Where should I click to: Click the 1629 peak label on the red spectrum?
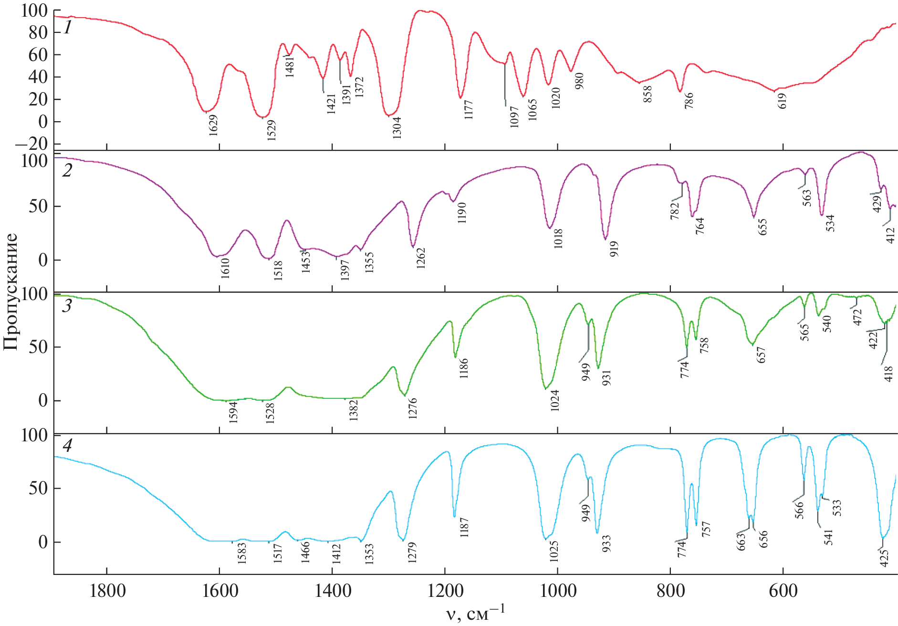tap(213, 125)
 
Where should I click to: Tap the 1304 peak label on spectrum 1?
tap(397, 127)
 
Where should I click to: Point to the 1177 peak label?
tap(469, 110)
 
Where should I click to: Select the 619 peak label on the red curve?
tap(782, 101)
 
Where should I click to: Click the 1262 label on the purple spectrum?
tap(420, 258)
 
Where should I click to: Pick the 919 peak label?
tap(614, 249)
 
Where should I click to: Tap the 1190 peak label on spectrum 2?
tap(461, 213)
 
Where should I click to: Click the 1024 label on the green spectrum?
tap(554, 400)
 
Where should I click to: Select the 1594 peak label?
tap(233, 412)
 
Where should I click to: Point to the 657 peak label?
tap(761, 355)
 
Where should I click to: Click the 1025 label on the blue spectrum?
tap(554, 551)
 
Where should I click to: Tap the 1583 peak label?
tap(242, 553)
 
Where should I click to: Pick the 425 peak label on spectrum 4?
tap(884, 558)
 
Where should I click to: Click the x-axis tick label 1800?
tap(108, 591)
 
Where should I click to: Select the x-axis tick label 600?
tap(783, 591)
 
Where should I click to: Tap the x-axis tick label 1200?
tap(445, 591)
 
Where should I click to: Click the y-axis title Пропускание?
tap(10, 292)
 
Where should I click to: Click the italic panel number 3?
tap(67, 306)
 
